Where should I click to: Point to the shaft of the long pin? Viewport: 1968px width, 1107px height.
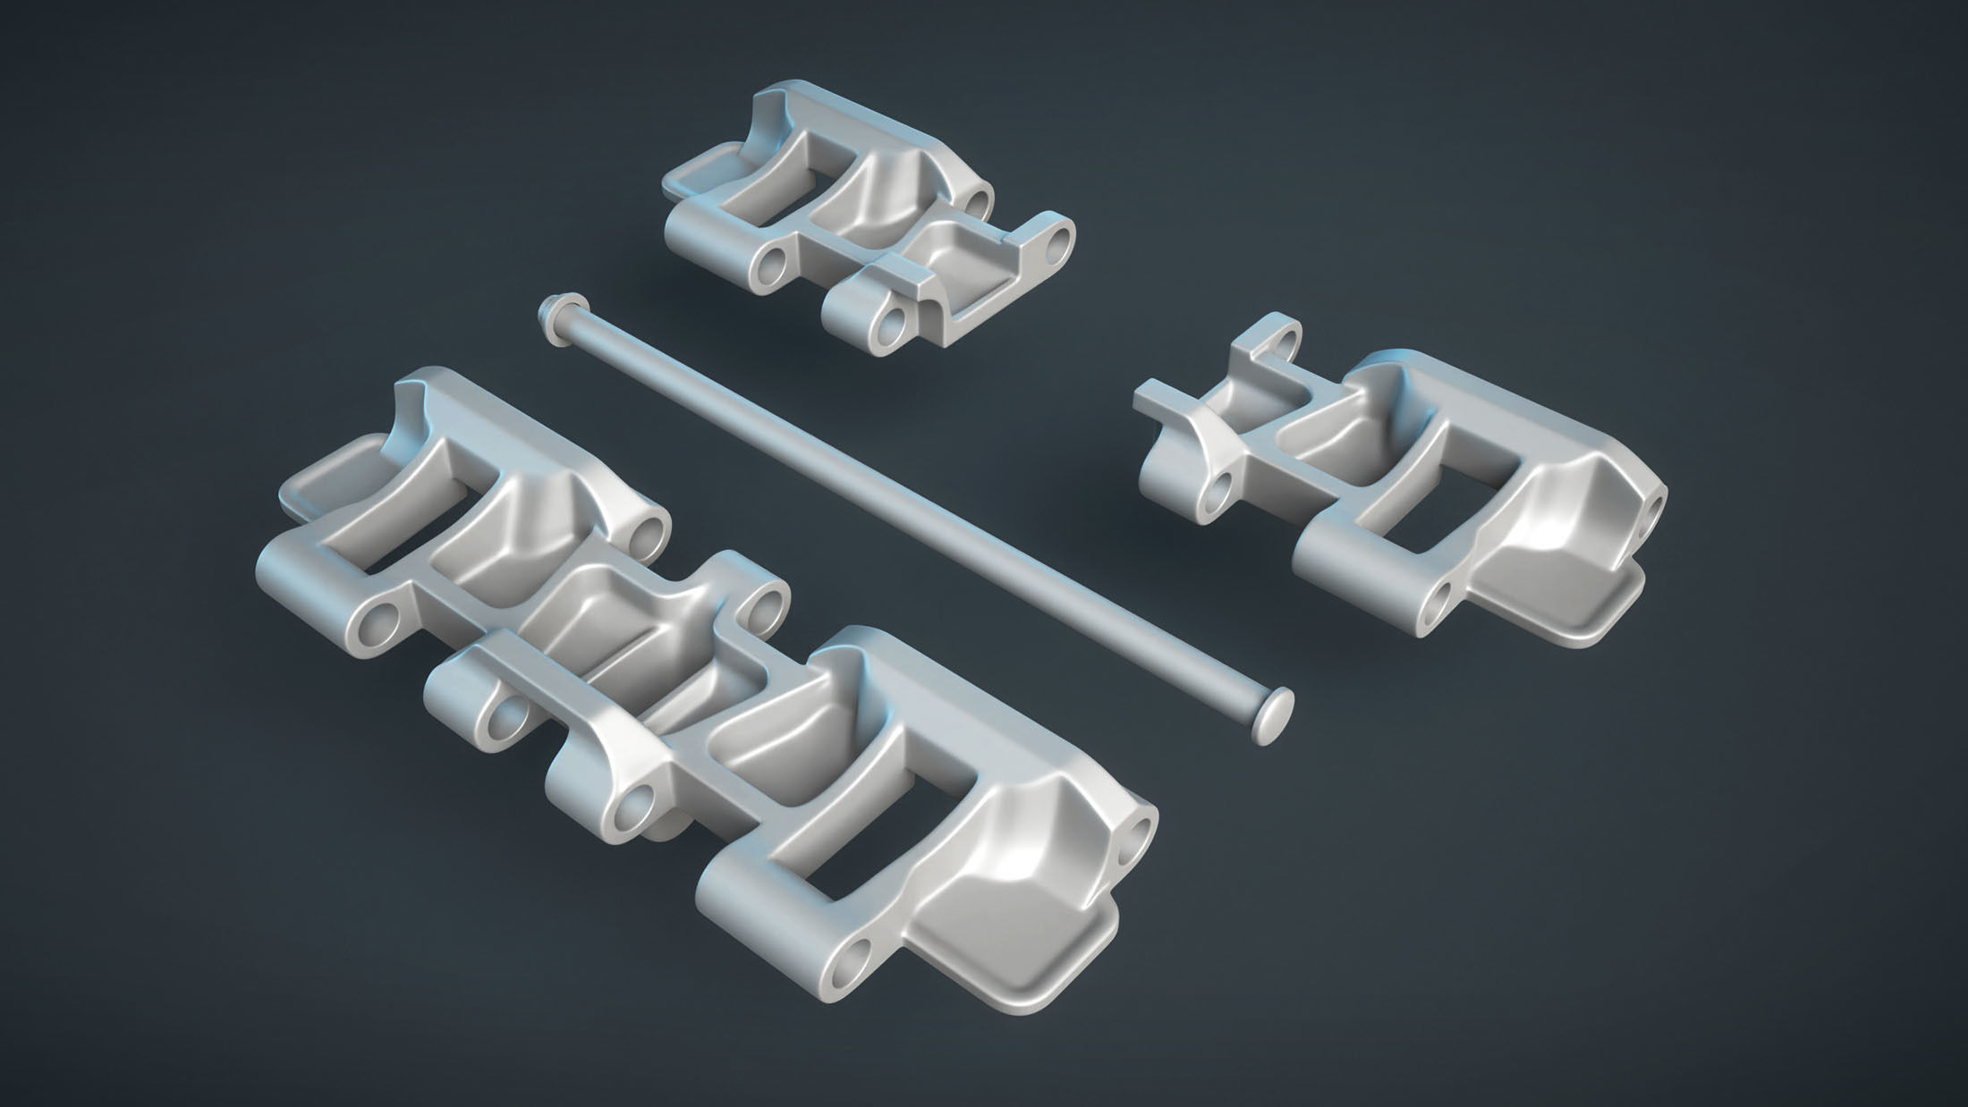tap(895, 501)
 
